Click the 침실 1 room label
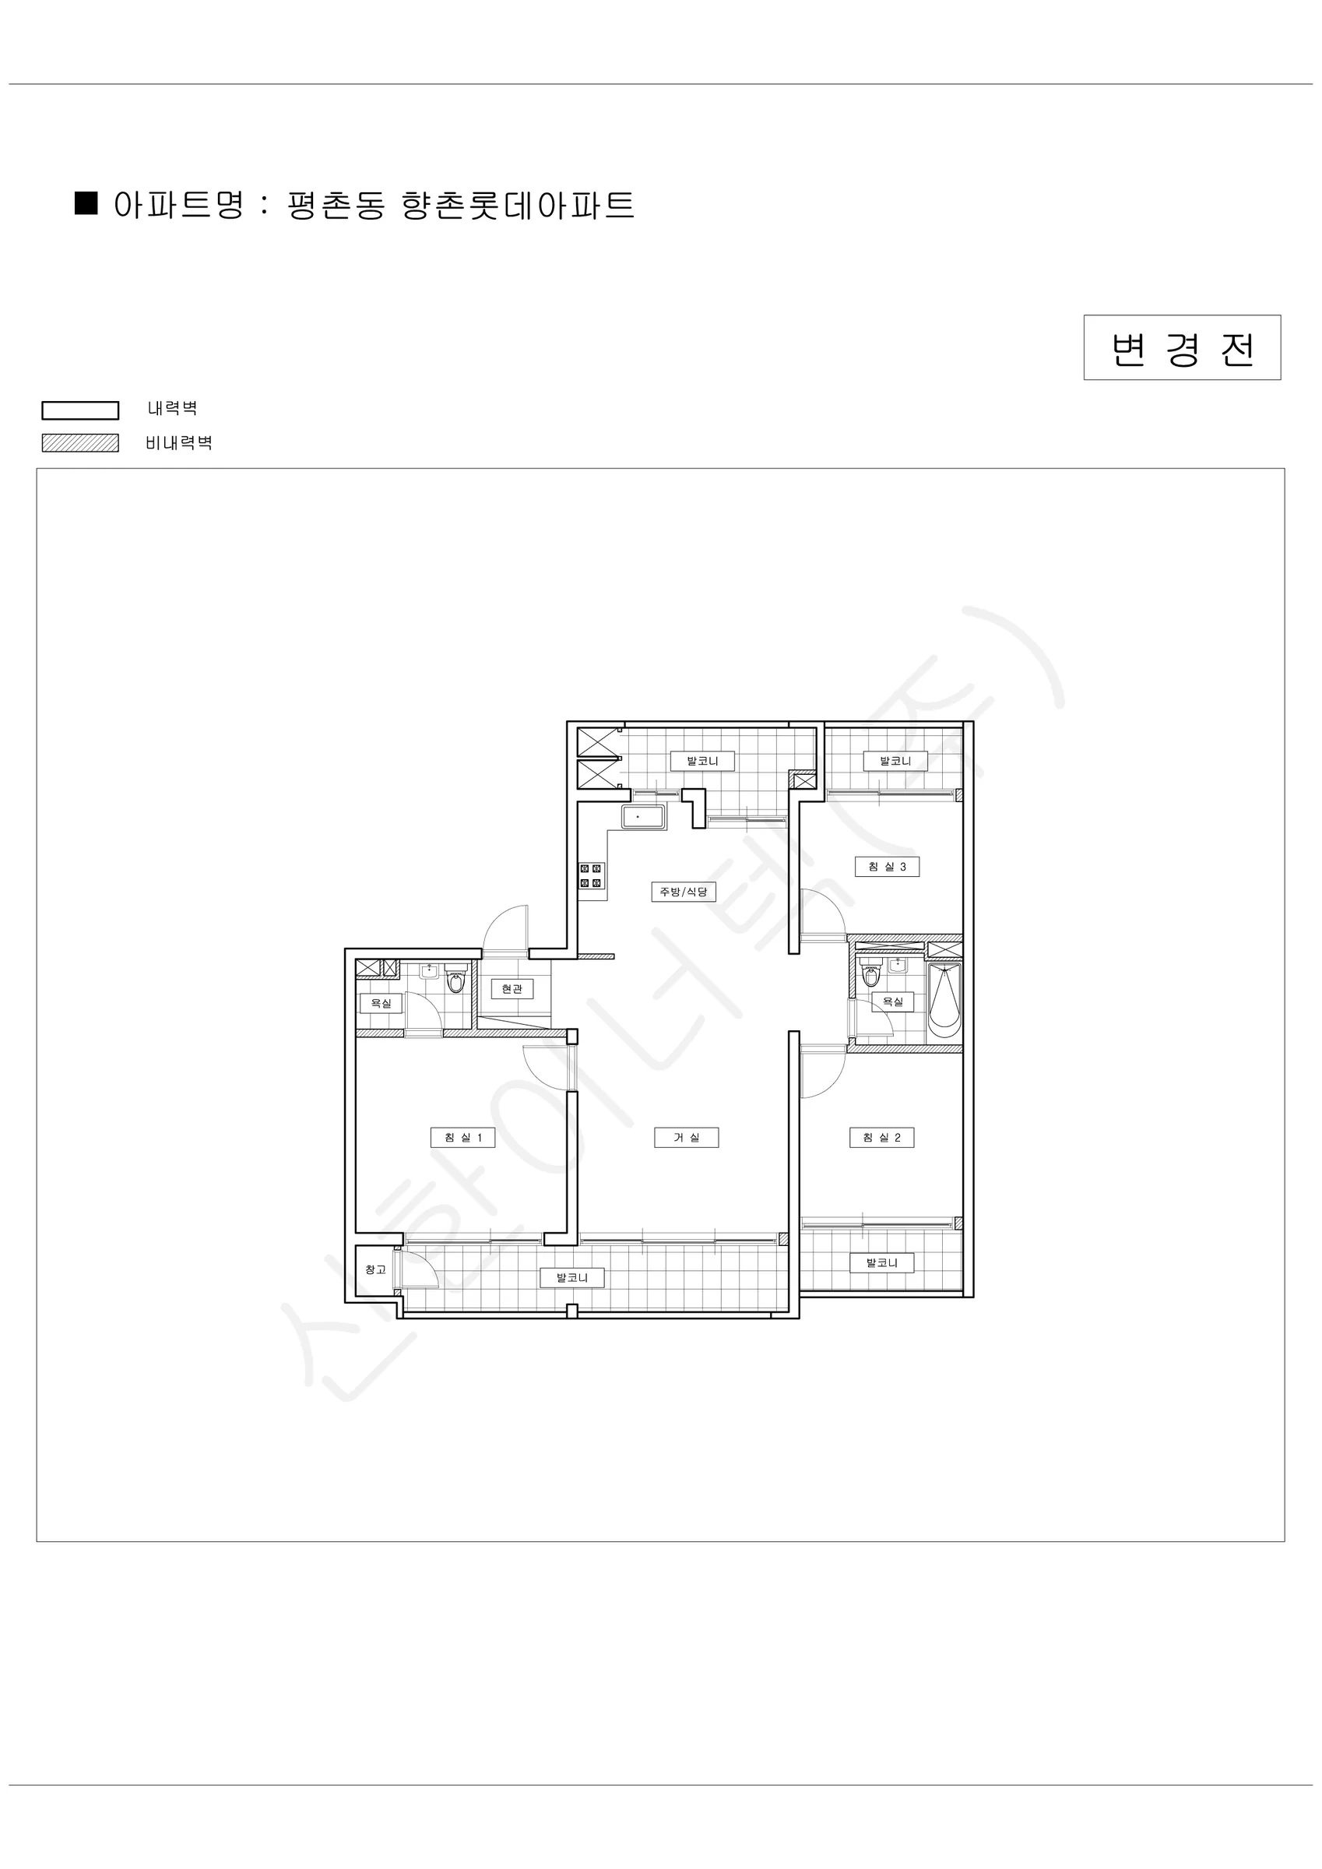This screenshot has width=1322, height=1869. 462,1137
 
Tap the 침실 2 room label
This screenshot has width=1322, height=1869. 881,1137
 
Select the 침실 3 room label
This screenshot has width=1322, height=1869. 888,866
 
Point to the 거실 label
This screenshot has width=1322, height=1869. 686,1137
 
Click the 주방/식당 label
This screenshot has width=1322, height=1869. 683,892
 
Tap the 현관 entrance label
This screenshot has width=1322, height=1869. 512,988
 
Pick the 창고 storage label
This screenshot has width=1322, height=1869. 375,1269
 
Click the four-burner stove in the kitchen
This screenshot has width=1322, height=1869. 591,876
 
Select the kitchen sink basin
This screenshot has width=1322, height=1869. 643,816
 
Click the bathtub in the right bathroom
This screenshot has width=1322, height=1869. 944,1001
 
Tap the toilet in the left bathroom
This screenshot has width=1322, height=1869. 456,980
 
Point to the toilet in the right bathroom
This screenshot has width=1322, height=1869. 871,973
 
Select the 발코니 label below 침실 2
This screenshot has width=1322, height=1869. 881,1262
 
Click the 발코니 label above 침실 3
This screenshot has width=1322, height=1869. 895,761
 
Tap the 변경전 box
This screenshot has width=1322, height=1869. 1182,347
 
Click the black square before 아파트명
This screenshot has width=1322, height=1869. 86,202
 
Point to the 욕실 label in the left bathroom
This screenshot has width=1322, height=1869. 381,1003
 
